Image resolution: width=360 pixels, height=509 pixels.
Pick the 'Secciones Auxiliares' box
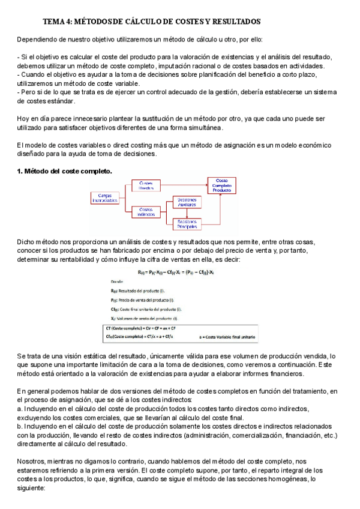[190, 202]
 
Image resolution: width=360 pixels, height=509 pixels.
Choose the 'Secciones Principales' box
[190, 224]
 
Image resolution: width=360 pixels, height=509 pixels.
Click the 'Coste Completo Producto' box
[222, 184]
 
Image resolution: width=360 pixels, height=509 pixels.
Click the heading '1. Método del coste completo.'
[65, 171]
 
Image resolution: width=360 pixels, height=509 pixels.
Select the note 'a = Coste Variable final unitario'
[227, 339]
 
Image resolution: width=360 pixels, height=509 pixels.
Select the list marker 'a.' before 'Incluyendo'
[20, 408]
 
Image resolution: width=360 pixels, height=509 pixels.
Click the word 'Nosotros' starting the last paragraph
[34, 456]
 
